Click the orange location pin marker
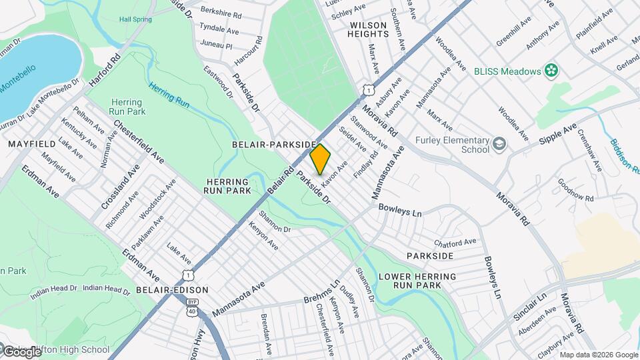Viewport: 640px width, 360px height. (x=321, y=159)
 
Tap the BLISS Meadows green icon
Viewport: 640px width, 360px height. (x=551, y=70)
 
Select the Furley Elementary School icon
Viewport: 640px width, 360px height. (x=499, y=144)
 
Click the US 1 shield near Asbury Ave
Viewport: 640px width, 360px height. (x=367, y=89)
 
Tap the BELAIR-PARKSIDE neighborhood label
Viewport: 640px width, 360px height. (x=274, y=144)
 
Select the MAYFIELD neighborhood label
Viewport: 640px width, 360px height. (x=26, y=143)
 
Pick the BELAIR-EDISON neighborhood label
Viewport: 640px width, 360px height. (x=172, y=290)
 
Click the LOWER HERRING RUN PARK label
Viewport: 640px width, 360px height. (x=417, y=280)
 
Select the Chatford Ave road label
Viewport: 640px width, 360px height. (x=457, y=241)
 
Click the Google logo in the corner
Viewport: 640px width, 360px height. (x=21, y=351)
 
